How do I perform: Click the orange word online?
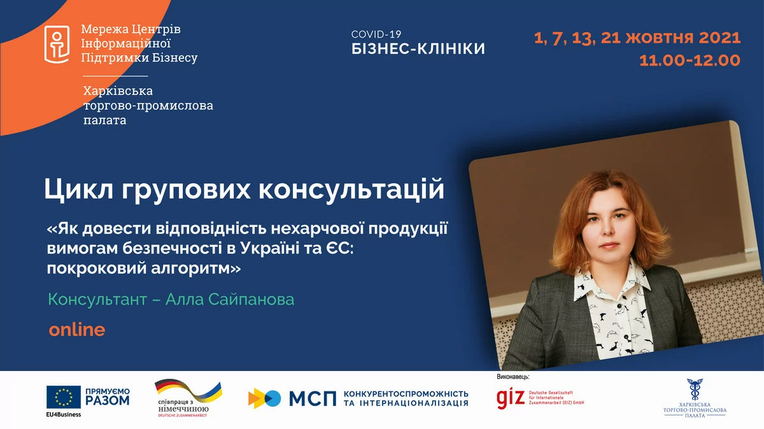[76, 330]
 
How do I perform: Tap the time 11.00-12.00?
[692, 60]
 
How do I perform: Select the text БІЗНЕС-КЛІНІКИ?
[418, 48]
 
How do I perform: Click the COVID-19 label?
[377, 34]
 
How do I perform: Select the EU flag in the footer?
[63, 398]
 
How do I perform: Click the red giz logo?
[511, 398]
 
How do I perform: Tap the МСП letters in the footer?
[312, 398]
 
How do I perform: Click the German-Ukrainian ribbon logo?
[188, 393]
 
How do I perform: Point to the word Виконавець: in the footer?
[513, 377]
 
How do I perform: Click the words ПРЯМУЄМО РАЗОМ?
[107, 395]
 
